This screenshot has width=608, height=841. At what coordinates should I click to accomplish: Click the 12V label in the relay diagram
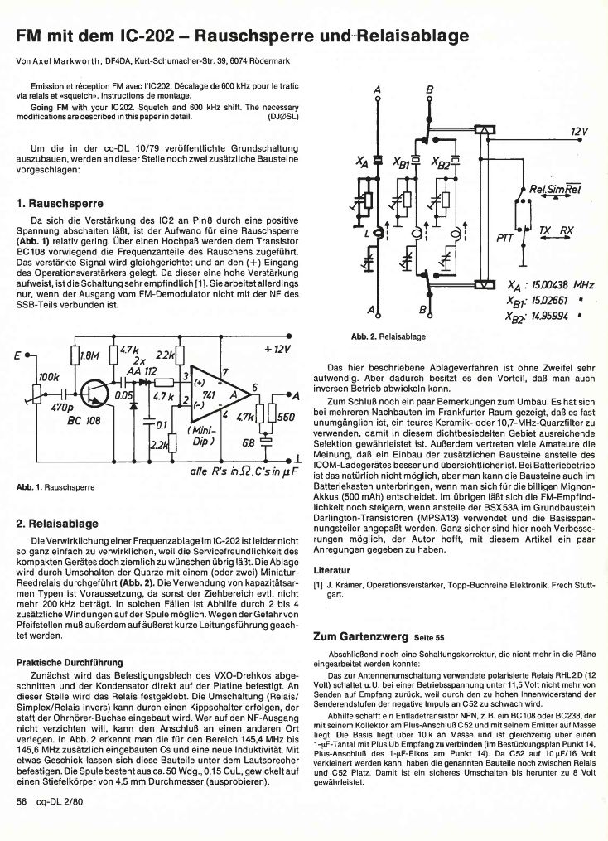click(x=579, y=131)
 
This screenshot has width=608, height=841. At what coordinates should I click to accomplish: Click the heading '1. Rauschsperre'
click(x=60, y=202)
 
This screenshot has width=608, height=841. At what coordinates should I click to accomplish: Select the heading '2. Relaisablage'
click(x=58, y=524)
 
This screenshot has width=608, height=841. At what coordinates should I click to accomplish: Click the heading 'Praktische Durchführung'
click(x=70, y=662)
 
